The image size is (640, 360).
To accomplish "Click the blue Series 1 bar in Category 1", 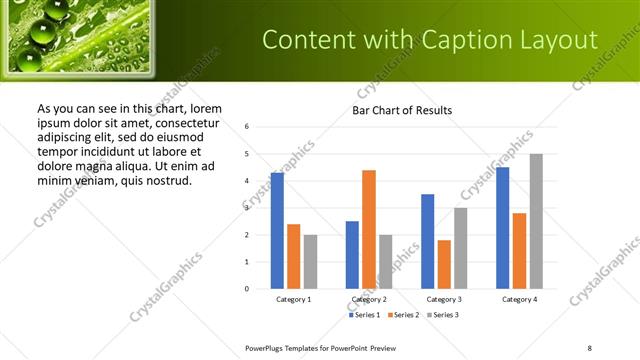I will [277, 231].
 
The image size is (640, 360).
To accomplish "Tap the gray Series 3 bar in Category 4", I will [536, 221].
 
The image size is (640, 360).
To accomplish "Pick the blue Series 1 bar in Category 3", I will [427, 241].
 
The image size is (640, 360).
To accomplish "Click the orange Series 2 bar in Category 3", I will [444, 264].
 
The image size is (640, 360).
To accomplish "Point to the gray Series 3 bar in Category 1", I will [310, 262].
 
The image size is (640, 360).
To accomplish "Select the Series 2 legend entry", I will [402, 315].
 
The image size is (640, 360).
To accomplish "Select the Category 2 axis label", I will [369, 299].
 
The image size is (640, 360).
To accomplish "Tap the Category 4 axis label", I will [518, 299].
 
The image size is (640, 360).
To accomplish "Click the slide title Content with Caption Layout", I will [430, 39].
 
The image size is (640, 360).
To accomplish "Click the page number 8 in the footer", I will [589, 347].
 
